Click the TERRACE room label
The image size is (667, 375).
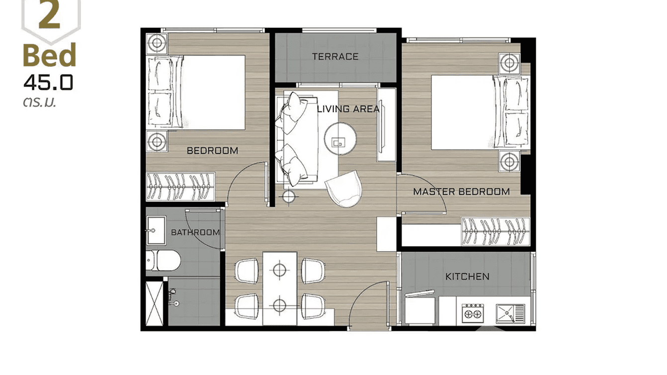click(335, 57)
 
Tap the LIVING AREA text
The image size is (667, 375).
click(348, 109)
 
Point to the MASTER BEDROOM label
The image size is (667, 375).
click(461, 191)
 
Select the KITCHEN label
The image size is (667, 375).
click(467, 277)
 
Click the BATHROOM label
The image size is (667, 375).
click(195, 232)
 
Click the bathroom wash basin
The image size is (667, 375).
click(156, 230)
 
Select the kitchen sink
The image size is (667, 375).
click(510, 314)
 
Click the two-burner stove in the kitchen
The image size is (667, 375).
click(473, 313)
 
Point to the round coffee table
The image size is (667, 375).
click(340, 139)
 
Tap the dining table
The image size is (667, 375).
click(280, 288)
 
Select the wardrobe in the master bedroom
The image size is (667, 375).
click(496, 232)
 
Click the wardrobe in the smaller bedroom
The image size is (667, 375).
click(180, 187)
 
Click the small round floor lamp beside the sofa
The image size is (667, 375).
click(289, 196)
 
